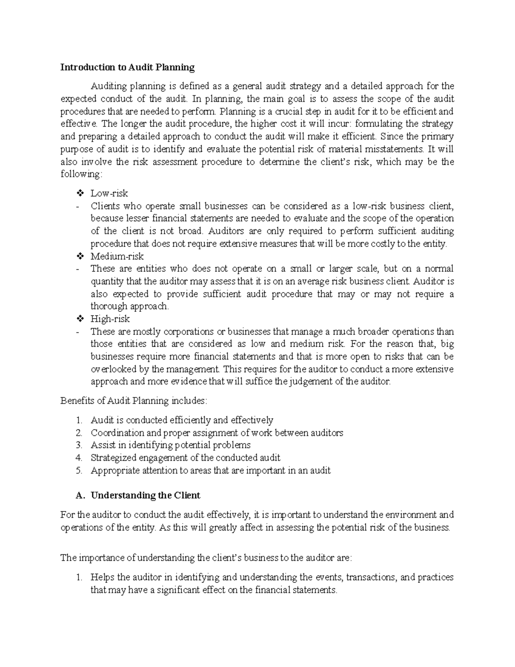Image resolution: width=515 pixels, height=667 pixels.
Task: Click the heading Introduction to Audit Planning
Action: click(x=127, y=67)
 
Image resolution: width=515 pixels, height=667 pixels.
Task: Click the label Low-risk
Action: click(x=109, y=193)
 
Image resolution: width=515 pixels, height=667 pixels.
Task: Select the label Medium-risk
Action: click(x=117, y=256)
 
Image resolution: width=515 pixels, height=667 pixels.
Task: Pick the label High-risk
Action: click(x=110, y=319)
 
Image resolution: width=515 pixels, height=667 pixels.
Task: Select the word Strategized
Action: click(x=112, y=458)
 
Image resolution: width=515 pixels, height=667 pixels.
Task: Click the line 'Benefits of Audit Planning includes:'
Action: click(x=134, y=401)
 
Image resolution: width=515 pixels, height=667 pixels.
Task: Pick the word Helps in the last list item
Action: click(x=102, y=577)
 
